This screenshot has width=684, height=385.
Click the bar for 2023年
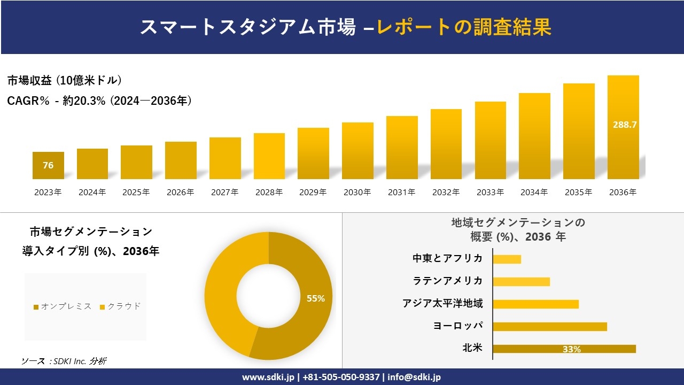(x=48, y=165)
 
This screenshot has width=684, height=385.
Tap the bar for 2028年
(x=269, y=156)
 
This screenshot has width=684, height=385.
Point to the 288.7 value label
(x=624, y=125)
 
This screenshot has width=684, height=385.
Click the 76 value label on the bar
(x=48, y=165)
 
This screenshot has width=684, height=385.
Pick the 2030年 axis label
(x=357, y=192)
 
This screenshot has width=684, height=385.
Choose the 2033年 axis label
(x=490, y=192)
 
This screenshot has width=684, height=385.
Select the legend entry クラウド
(x=120, y=306)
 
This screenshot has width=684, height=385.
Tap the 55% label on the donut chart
(x=316, y=298)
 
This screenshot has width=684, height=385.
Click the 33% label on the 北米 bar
(x=571, y=349)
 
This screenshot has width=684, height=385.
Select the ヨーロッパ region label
(x=458, y=326)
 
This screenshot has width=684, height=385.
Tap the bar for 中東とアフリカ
(x=507, y=259)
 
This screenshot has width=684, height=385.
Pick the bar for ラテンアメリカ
(x=521, y=281)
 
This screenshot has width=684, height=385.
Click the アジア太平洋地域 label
(x=442, y=304)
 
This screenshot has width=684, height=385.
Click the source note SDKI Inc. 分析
(x=64, y=361)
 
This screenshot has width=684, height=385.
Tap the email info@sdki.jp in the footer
(x=415, y=377)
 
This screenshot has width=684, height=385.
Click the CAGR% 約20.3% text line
(x=99, y=101)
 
